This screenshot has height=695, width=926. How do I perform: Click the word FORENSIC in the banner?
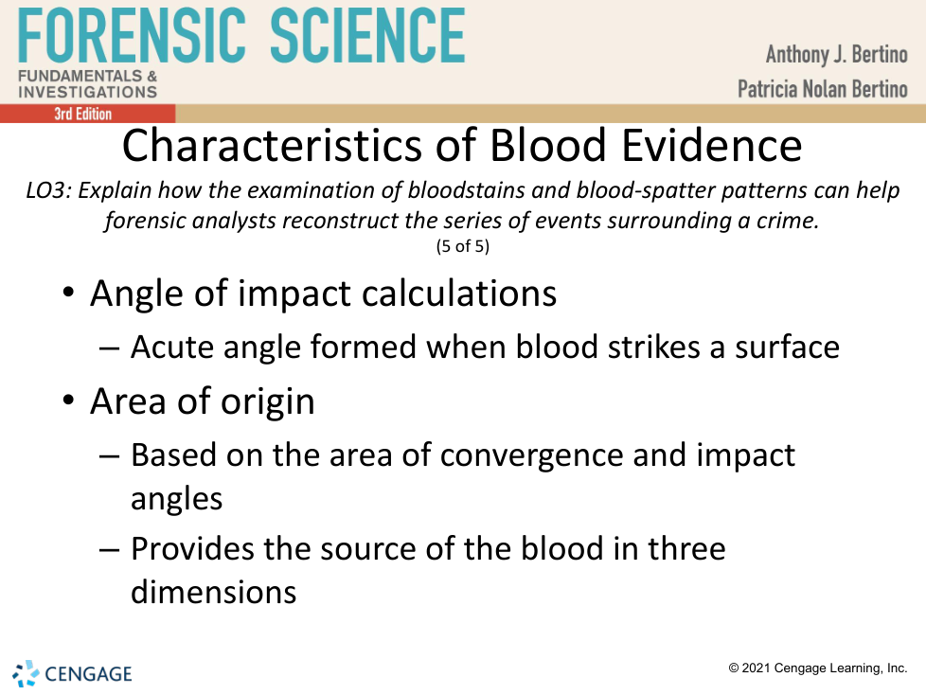click(132, 35)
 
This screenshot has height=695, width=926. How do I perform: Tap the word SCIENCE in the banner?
click(367, 35)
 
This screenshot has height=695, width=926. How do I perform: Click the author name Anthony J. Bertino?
click(836, 54)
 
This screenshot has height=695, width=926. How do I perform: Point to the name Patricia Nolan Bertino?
click(822, 89)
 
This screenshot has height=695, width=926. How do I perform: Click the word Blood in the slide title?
click(548, 145)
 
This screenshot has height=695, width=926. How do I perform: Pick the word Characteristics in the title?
click(272, 145)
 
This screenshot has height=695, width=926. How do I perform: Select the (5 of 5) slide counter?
click(463, 245)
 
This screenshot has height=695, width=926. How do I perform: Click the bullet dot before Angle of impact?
click(68, 293)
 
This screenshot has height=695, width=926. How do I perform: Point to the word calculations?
click(459, 294)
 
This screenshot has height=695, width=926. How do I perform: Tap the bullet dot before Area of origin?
click(68, 401)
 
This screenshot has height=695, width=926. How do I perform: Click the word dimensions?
click(213, 592)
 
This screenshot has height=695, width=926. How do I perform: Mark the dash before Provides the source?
click(109, 550)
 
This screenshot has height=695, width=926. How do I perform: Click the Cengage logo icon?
click(26, 674)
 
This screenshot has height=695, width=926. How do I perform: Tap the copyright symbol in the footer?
click(734, 668)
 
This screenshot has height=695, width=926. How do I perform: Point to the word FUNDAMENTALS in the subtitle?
click(80, 76)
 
